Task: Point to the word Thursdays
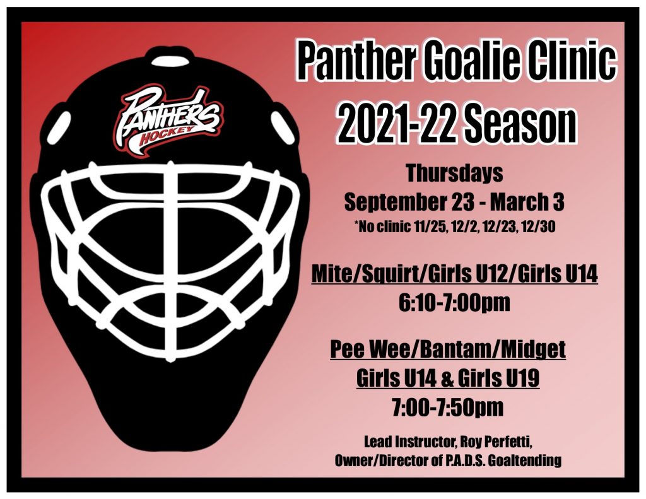click(x=454, y=173)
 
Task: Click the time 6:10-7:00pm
click(x=454, y=302)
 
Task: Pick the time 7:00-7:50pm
click(x=448, y=408)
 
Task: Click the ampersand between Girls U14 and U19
click(x=447, y=379)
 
